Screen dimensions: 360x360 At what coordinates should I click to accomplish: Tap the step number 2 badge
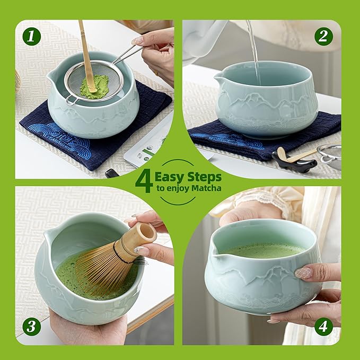(x=323, y=37)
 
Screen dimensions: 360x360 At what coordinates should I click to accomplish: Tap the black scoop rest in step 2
(x=291, y=162)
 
